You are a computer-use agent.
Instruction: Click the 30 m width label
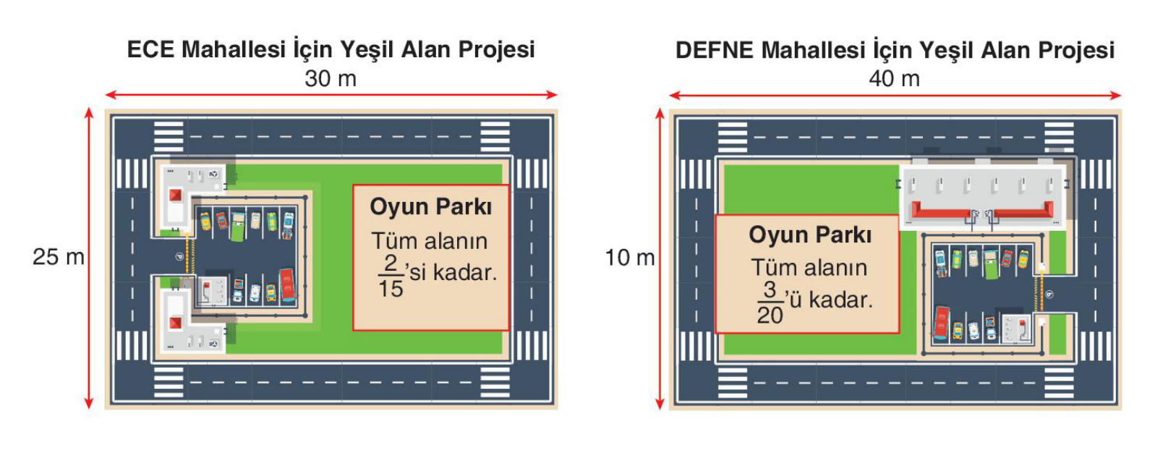tap(331, 79)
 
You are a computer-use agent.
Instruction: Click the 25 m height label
tap(58, 257)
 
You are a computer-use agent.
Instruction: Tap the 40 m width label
tap(895, 79)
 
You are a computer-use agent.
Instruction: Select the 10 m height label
tap(630, 258)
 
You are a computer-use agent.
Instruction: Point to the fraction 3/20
tap(770, 303)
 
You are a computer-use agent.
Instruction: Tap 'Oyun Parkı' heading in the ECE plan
tap(430, 207)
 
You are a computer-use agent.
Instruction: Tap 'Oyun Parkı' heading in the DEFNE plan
tap(810, 235)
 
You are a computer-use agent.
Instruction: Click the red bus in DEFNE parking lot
tap(942, 323)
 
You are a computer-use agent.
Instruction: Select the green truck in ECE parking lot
tap(237, 226)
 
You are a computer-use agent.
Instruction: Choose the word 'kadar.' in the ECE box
tap(465, 273)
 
